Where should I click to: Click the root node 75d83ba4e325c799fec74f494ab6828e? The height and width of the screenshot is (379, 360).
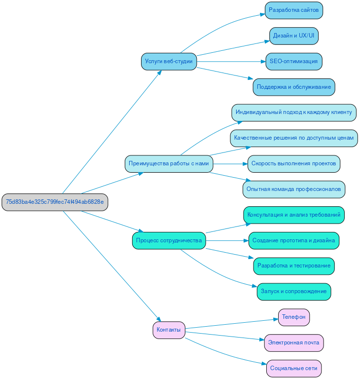[55, 202]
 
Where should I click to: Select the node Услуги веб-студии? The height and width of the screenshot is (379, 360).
[169, 62]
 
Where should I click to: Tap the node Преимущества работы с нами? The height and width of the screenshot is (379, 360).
[169, 163]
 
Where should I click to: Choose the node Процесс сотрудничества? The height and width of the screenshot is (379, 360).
[169, 240]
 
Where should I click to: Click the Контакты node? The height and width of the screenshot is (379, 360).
[169, 330]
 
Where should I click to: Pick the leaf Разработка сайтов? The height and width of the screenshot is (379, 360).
[294, 10]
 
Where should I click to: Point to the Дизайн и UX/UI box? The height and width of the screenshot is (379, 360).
[294, 36]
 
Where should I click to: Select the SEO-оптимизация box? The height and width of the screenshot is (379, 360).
[294, 62]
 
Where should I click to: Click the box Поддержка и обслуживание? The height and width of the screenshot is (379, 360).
[294, 87]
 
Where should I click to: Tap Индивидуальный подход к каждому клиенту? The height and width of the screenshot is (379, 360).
[294, 113]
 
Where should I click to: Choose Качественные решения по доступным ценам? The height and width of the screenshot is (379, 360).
[294, 138]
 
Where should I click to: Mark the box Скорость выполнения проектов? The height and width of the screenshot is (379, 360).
[294, 163]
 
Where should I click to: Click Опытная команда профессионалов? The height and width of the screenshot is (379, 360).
[294, 189]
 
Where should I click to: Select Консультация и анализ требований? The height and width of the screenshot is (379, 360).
[294, 215]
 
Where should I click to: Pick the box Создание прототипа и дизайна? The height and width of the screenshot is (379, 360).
[294, 240]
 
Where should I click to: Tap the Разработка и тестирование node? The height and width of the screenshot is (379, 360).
[294, 266]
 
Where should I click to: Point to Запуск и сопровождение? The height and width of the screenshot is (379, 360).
[294, 292]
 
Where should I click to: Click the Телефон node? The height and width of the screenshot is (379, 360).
[294, 317]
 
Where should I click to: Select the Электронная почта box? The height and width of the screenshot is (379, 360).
[294, 342]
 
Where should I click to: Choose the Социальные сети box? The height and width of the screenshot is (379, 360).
[294, 368]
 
